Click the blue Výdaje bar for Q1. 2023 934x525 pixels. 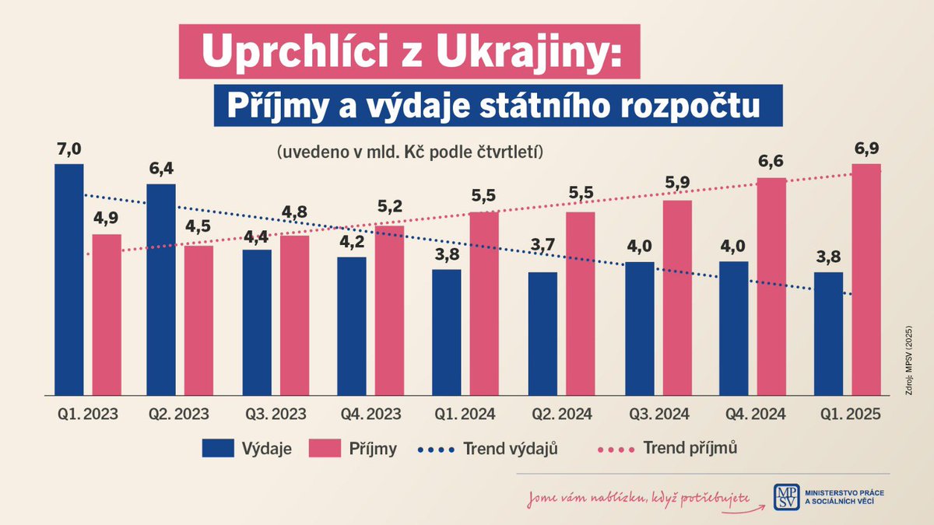click(68, 280)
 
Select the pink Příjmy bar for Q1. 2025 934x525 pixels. click(866, 280)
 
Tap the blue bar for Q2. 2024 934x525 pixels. click(542, 334)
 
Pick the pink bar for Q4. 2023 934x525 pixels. click(389, 311)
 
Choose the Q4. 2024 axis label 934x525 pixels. click(753, 415)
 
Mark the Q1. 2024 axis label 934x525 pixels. click(465, 415)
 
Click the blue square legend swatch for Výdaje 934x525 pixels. click(217, 448)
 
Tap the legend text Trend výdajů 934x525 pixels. click(510, 449)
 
